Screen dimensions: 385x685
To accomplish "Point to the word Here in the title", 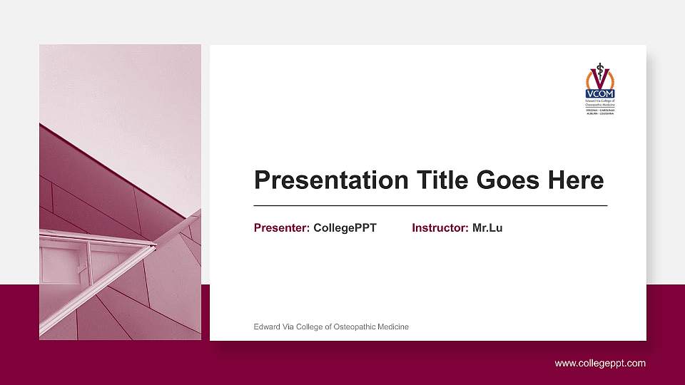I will pos(576,180).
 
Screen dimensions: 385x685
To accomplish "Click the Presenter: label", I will pos(282,228).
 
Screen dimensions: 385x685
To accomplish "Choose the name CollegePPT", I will pos(345,228).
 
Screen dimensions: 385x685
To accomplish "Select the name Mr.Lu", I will pos(487,228).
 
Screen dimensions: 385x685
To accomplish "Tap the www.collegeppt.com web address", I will pos(600,364).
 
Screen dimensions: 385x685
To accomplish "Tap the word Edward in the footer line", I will pos(267,327).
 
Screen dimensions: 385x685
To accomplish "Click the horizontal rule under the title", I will pos(430,205).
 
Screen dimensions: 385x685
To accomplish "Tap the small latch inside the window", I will pos(81,269).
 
